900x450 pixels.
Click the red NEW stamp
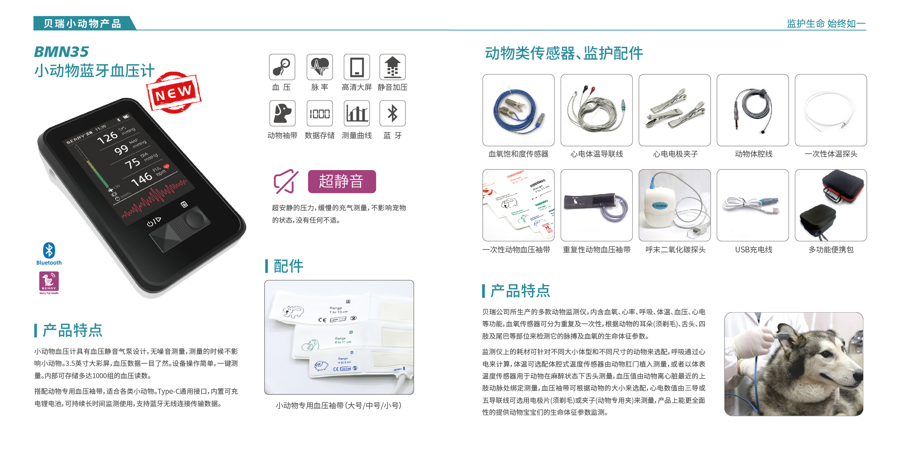pyautogui.click(x=173, y=93)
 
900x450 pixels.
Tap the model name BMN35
pyautogui.click(x=61, y=52)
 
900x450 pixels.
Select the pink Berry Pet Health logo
pyautogui.click(x=49, y=282)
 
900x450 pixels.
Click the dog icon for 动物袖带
pyautogui.click(x=282, y=113)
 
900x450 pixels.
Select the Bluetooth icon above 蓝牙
pyautogui.click(x=392, y=113)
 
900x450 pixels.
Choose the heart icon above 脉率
pyautogui.click(x=319, y=67)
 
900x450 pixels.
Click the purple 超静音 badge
pyautogui.click(x=342, y=181)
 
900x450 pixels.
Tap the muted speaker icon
pyautogui.click(x=286, y=181)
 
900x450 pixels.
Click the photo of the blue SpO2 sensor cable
pyautogui.click(x=518, y=110)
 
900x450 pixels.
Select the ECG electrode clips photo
pyautogui.click(x=674, y=110)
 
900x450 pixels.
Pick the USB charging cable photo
pyautogui.click(x=752, y=205)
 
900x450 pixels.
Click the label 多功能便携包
pyautogui.click(x=831, y=249)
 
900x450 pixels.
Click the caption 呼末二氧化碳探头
pyautogui.click(x=675, y=249)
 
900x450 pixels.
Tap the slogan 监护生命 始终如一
pyautogui.click(x=826, y=24)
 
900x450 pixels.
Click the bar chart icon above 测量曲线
pyautogui.click(x=356, y=113)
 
